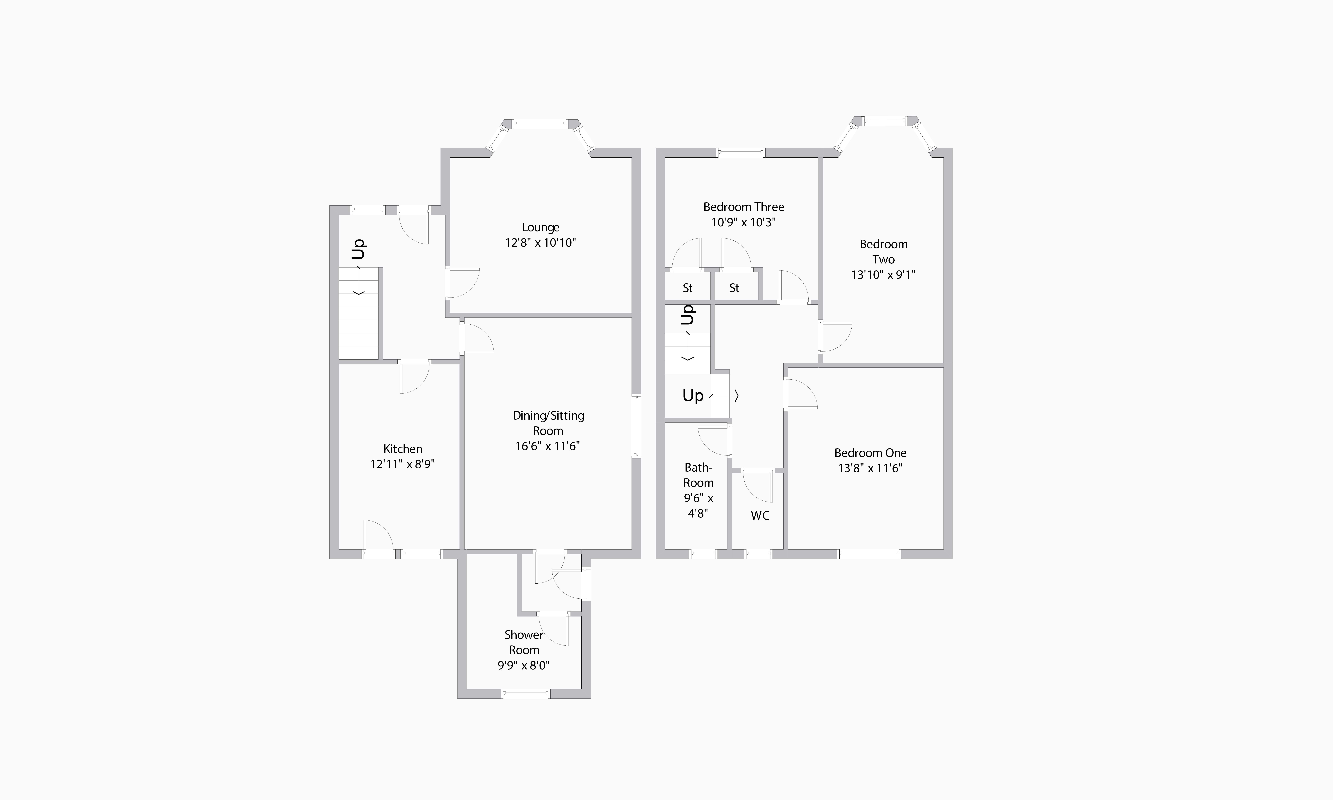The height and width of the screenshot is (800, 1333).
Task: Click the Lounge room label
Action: (541, 227)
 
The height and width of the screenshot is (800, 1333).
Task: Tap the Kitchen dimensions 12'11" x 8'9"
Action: (403, 464)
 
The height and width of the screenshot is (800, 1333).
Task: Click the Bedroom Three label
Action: (744, 207)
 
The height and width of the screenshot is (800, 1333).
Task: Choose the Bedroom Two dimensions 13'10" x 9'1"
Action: (883, 274)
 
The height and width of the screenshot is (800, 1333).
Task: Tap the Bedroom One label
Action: (871, 453)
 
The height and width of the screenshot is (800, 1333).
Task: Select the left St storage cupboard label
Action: (687, 288)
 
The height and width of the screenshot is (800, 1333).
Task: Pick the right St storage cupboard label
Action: (734, 288)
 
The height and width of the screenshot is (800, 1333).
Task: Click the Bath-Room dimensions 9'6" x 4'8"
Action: (699, 506)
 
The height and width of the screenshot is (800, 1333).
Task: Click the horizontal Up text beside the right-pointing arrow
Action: (693, 396)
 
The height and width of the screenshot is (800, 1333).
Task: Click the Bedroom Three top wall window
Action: (741, 153)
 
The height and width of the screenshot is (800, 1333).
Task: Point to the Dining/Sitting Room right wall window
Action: (636, 426)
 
